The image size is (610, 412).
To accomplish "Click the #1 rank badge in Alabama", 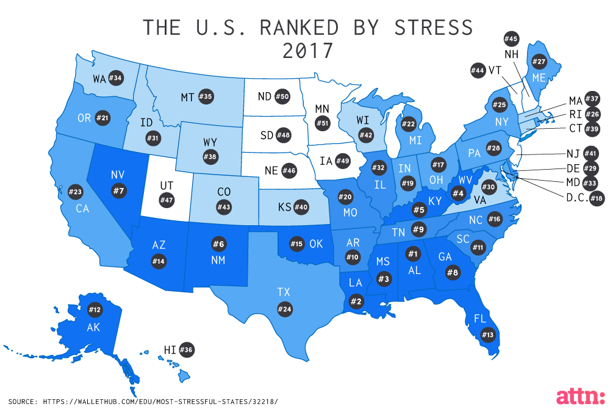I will (413, 253).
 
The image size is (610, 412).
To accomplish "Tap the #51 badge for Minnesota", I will (321, 123).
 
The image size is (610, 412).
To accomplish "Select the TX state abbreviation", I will (283, 292).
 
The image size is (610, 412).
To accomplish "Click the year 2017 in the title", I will (308, 51).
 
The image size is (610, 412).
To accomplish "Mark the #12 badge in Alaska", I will (95, 309).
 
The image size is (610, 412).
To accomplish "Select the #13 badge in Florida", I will (487, 334).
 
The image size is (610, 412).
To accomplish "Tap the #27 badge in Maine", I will (539, 62).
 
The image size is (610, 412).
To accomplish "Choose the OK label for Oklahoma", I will (315, 244).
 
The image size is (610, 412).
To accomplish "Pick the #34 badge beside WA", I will (116, 78).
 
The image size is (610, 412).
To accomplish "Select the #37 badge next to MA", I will (591, 99).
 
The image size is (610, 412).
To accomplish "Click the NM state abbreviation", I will (218, 261).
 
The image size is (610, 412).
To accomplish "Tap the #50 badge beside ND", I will (281, 96).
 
